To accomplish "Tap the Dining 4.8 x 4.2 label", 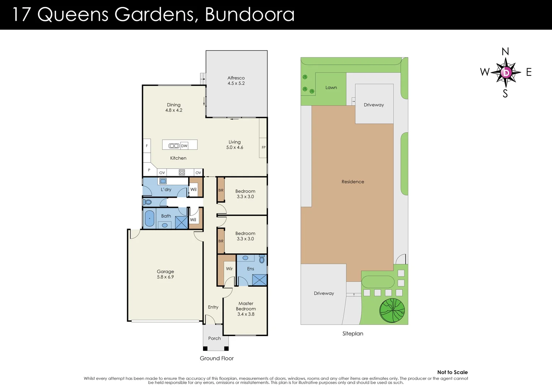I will pyautogui.click(x=174, y=108).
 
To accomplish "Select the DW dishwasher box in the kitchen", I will pyautogui.click(x=184, y=146).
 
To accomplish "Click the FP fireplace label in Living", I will pyautogui.click(x=263, y=147).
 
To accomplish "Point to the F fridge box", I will pyautogui.click(x=147, y=146).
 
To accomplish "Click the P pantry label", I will pyautogui.click(x=149, y=170).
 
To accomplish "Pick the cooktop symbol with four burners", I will pyautogui.click(x=182, y=173).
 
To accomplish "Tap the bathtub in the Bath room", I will pyautogui.click(x=149, y=218).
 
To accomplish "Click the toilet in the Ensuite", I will pyautogui.click(x=262, y=259).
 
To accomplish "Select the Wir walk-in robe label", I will pyautogui.click(x=229, y=269).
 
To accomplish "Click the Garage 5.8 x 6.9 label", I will pyautogui.click(x=165, y=274).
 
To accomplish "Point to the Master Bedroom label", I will pyautogui.click(x=246, y=306).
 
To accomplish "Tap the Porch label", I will pyautogui.click(x=214, y=338).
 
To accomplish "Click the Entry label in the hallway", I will pyautogui.click(x=213, y=307).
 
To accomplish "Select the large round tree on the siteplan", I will pyautogui.click(x=392, y=311).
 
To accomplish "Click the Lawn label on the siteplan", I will pyautogui.click(x=331, y=87).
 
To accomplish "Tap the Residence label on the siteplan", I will pyautogui.click(x=353, y=182).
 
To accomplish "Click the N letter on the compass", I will pyautogui.click(x=505, y=52).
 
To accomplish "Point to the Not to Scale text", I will pyautogui.click(x=452, y=372).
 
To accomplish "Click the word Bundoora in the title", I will pyautogui.click(x=250, y=14).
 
